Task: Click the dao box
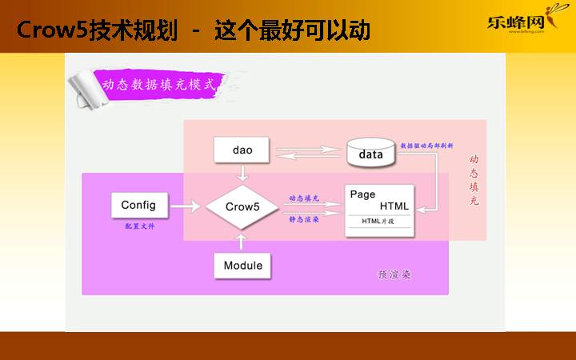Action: click(242, 150)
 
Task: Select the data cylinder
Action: click(371, 153)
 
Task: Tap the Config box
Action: click(138, 205)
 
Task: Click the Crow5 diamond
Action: click(242, 206)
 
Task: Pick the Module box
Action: click(242, 265)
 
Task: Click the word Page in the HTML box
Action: click(362, 194)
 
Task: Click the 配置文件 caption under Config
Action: click(139, 226)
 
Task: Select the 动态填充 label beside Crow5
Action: click(305, 197)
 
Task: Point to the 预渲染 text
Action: click(394, 275)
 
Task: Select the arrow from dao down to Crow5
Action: click(242, 173)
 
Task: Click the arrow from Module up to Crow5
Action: click(242, 241)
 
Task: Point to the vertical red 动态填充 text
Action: click(474, 181)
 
